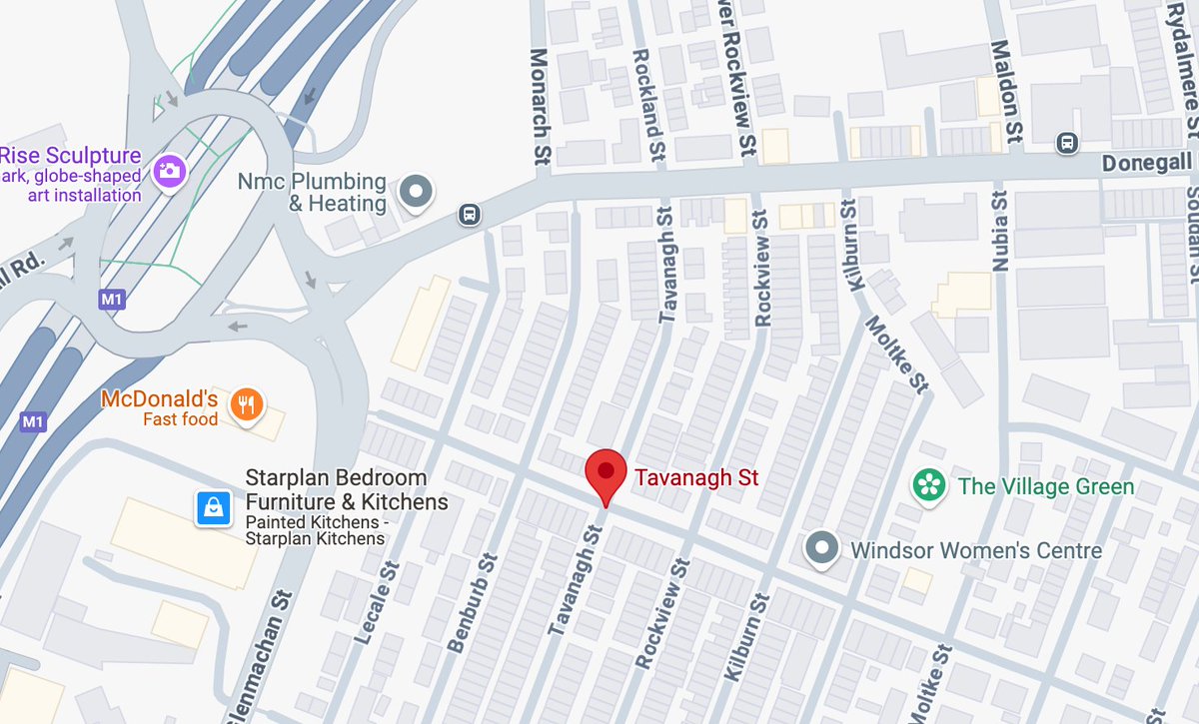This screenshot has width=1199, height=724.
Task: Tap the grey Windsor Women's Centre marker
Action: click(821, 548)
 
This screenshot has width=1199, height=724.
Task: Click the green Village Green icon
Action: click(929, 486)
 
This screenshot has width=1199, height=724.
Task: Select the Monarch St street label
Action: click(541, 106)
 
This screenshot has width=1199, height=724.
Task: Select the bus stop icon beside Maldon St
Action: click(1068, 142)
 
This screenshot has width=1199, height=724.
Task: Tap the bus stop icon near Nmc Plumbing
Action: click(467, 214)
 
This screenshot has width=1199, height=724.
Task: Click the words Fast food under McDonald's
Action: click(180, 419)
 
